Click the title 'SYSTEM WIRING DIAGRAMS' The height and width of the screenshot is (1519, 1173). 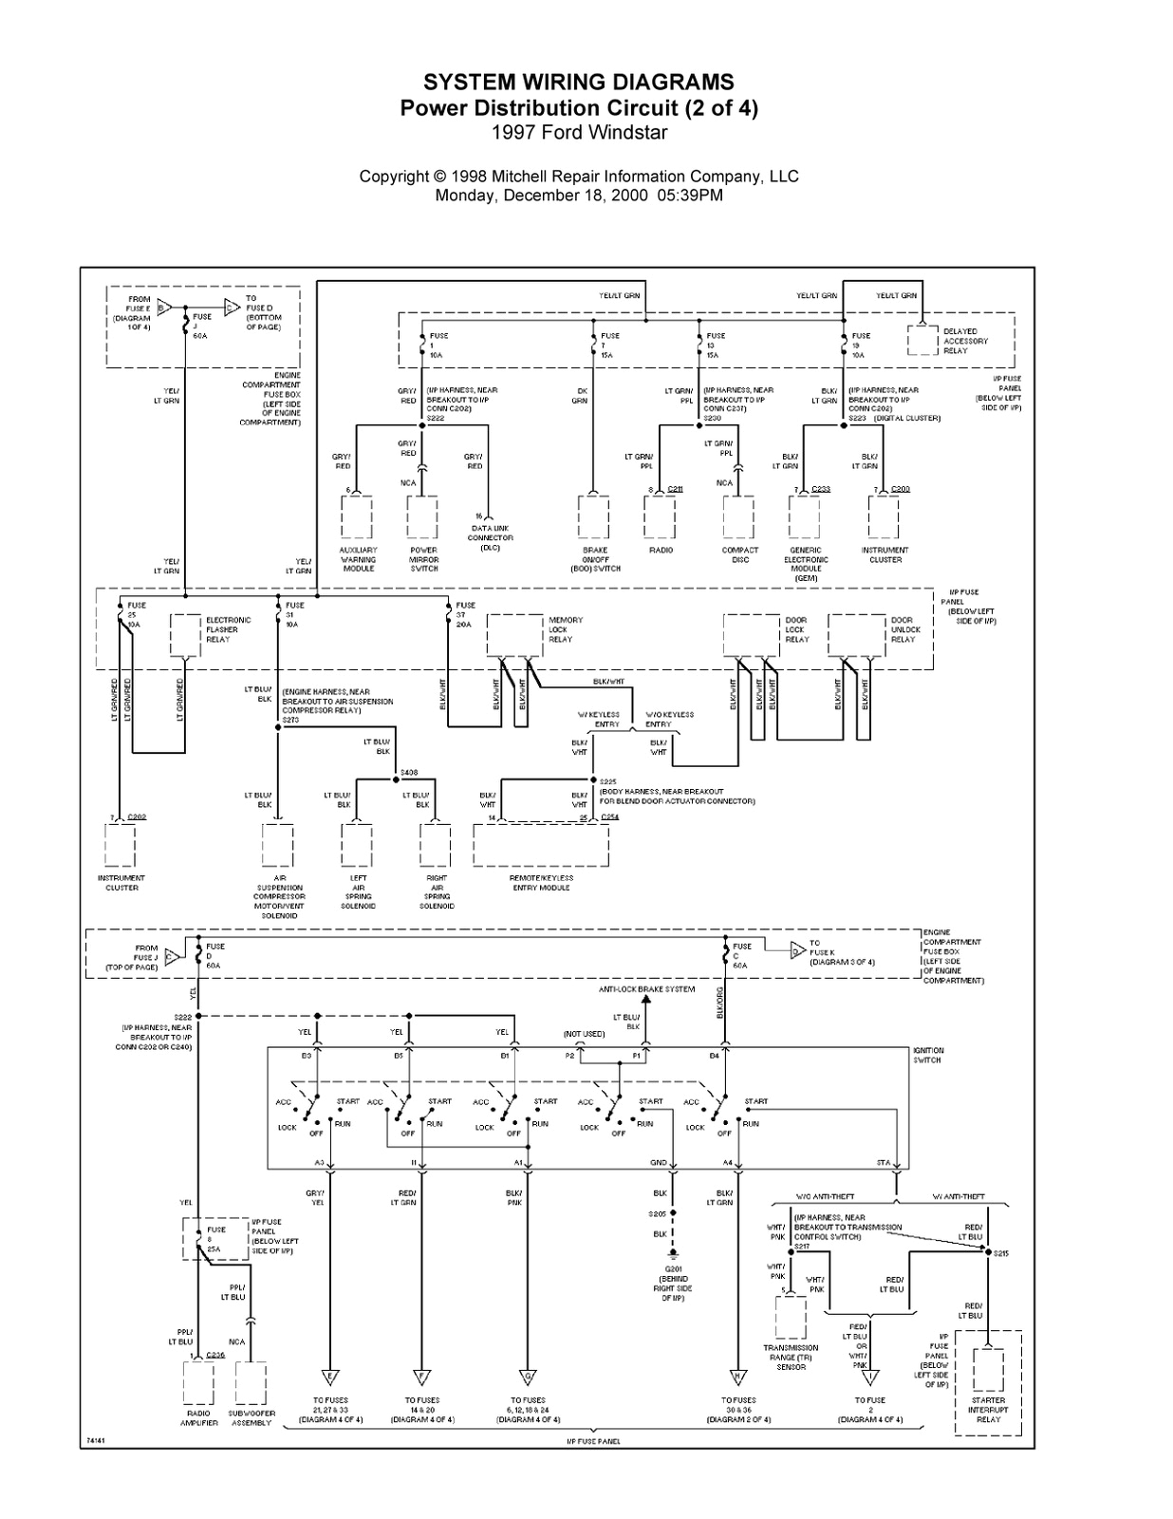click(578, 83)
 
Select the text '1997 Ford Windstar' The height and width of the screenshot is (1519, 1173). click(579, 133)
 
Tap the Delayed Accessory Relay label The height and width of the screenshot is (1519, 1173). click(965, 341)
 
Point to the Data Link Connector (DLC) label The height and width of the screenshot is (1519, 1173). click(490, 537)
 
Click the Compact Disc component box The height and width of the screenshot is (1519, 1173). click(738, 517)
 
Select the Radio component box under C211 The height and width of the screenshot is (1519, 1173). click(660, 517)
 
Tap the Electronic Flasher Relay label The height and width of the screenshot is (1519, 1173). click(229, 629)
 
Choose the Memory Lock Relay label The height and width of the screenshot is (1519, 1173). click(566, 629)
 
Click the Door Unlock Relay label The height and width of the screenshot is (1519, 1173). click(905, 629)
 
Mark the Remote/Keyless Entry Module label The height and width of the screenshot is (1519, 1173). click(541, 883)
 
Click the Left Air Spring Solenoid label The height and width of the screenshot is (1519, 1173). click(358, 892)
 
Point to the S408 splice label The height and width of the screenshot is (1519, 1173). click(409, 772)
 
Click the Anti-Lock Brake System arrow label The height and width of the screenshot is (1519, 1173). click(646, 989)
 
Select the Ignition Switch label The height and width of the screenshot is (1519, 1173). click(928, 1055)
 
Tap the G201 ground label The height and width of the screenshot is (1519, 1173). click(672, 1284)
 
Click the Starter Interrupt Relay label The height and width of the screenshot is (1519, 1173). click(988, 1410)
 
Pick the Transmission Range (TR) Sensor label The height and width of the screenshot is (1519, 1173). click(791, 1357)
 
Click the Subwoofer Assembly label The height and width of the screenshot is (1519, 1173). click(251, 1417)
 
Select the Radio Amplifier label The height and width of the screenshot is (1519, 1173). click(198, 1417)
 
